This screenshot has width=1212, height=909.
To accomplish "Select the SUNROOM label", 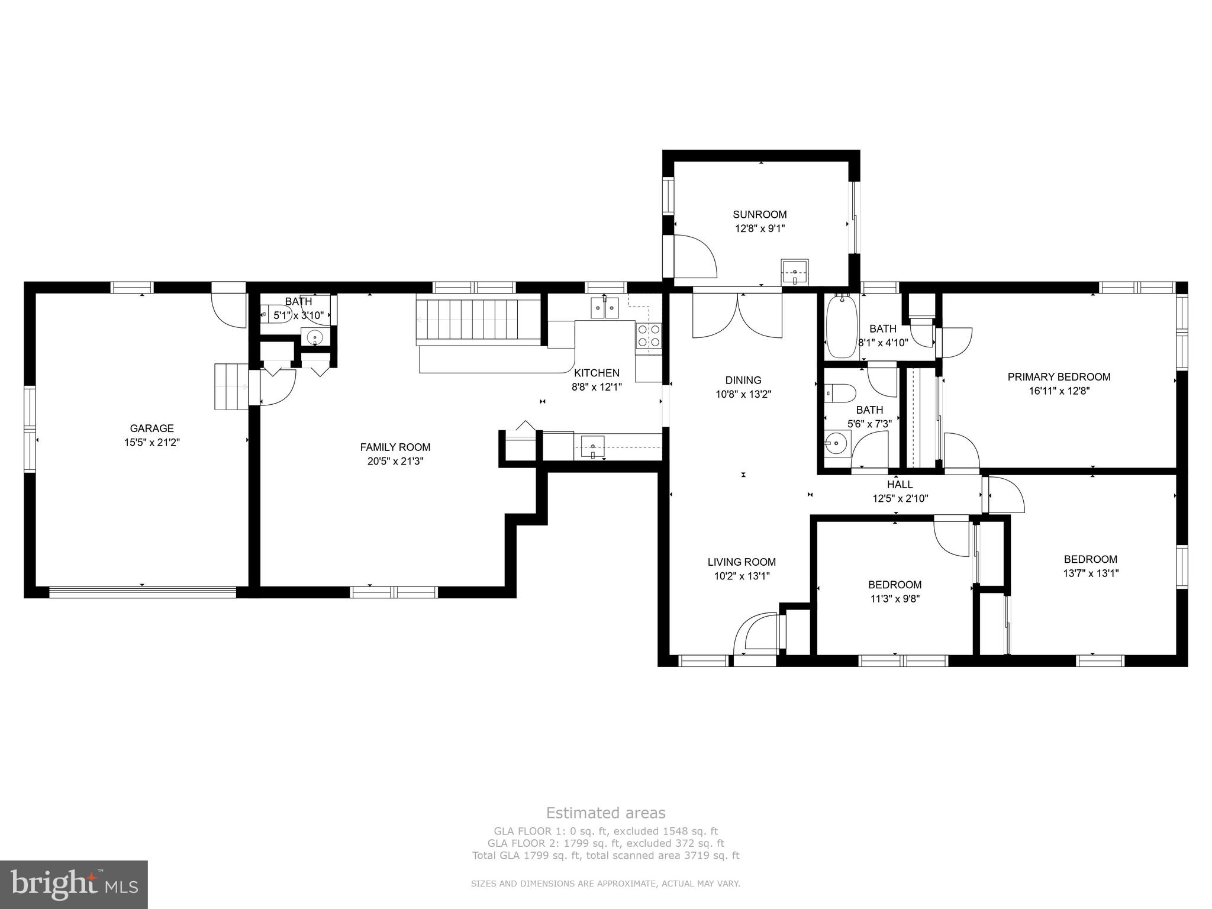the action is pos(760,215).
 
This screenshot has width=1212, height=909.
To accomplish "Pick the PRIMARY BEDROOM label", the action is pos(1059,377).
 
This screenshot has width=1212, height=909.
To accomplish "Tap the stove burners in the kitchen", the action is pos(649,336).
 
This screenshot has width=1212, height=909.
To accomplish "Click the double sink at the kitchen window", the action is pos(604,308).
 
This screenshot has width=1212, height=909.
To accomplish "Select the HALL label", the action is pos(900,485).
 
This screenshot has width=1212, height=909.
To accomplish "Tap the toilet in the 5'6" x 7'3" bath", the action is pos(840,392).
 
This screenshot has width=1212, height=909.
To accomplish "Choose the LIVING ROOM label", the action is pos(742,562).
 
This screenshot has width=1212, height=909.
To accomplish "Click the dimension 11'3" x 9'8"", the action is pos(895,598).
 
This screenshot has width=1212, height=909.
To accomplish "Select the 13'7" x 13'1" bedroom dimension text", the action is pos(1091,573).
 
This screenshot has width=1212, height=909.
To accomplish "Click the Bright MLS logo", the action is pos(74,885).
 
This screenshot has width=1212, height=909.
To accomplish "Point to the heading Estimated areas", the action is pos(606,813).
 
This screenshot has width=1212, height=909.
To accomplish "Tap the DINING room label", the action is pos(743,381).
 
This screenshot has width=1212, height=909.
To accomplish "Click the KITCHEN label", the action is pos(597,373).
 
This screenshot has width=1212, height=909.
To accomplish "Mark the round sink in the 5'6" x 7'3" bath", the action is pos(837,441).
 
